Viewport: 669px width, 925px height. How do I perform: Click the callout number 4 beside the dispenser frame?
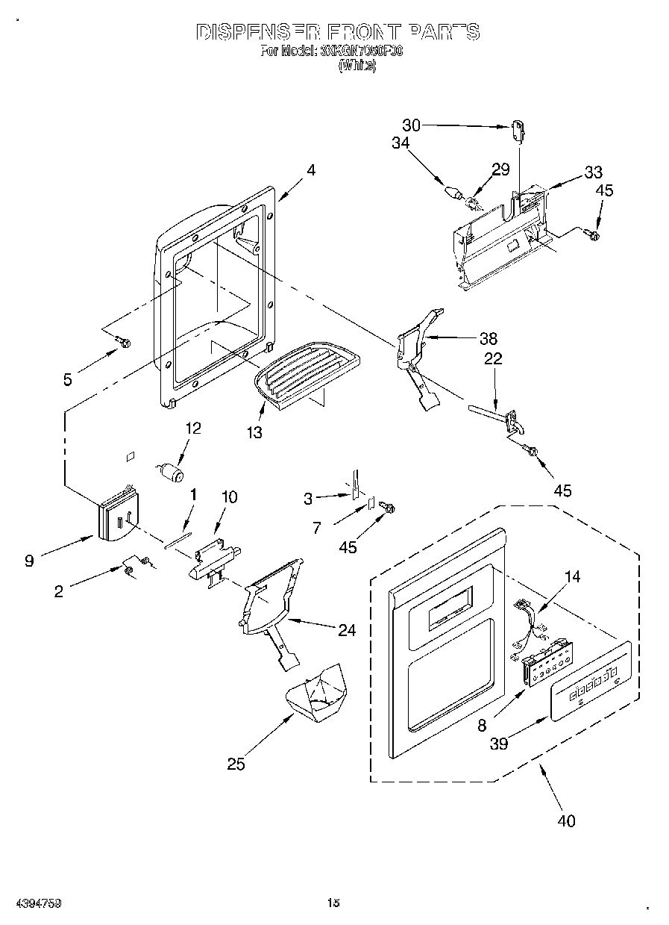pyautogui.click(x=311, y=170)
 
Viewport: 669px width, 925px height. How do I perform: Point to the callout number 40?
pyautogui.click(x=566, y=821)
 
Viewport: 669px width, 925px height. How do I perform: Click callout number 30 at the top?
pyautogui.click(x=412, y=126)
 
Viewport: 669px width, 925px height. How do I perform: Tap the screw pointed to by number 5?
pyautogui.click(x=124, y=343)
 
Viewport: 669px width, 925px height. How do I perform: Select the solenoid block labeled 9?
pyautogui.click(x=118, y=514)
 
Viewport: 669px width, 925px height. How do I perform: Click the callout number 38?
pyautogui.click(x=489, y=337)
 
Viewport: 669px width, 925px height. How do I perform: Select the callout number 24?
pyautogui.click(x=346, y=629)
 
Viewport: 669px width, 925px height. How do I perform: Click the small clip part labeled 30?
pyautogui.click(x=518, y=130)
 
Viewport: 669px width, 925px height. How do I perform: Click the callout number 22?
pyautogui.click(x=493, y=359)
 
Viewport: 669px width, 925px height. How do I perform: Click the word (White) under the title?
pyautogui.click(x=358, y=66)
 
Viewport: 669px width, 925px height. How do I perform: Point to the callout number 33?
pyautogui.click(x=594, y=173)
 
